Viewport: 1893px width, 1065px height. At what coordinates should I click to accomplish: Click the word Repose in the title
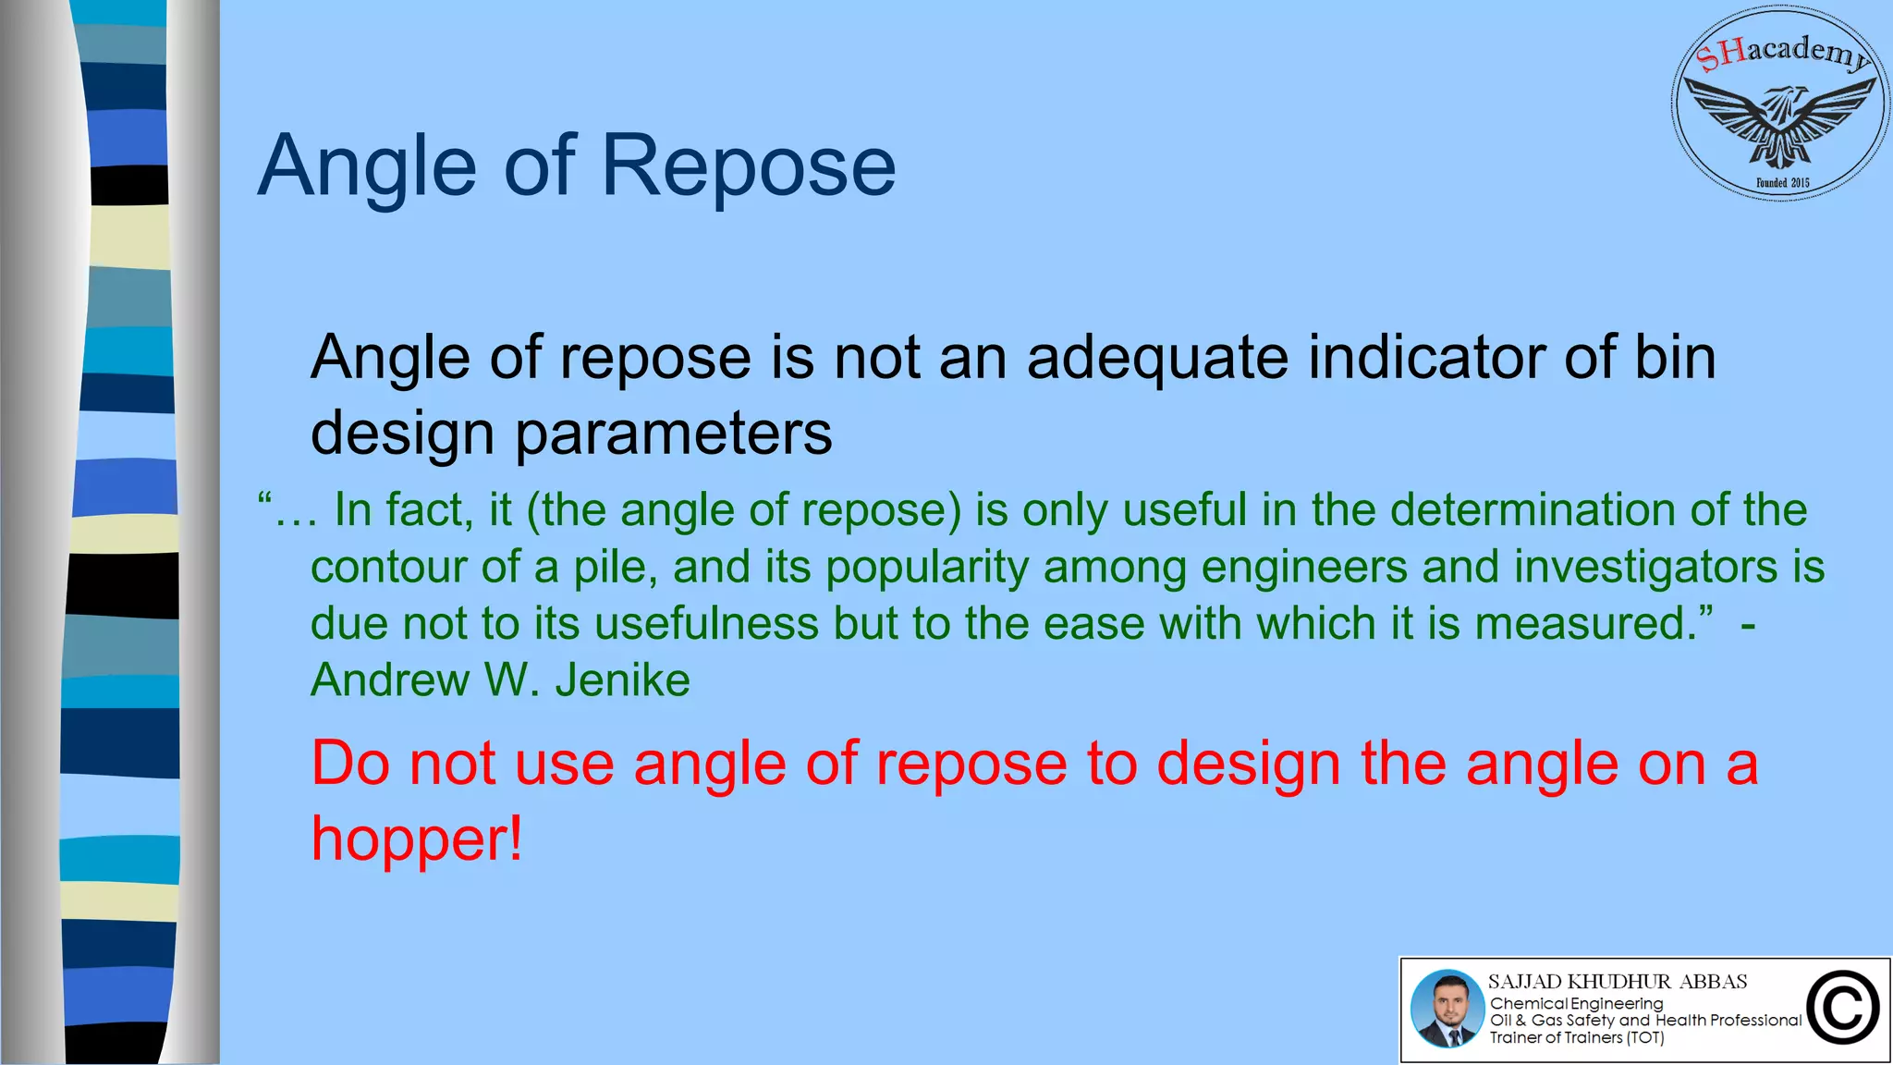tap(749, 166)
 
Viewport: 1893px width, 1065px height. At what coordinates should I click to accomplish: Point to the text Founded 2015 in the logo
tap(1782, 183)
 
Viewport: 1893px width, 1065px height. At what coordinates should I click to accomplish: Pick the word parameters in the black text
tap(673, 433)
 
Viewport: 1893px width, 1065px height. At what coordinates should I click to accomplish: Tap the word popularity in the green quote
tap(927, 567)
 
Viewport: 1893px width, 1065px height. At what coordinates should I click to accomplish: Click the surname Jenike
tap(622, 680)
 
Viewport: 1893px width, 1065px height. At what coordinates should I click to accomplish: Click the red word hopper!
tap(417, 839)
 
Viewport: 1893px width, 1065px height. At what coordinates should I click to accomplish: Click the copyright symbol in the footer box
tap(1843, 1008)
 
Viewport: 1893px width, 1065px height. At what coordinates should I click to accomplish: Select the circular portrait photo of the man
tap(1447, 1009)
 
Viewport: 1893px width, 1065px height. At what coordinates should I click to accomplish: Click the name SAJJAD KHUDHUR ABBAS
tap(1618, 982)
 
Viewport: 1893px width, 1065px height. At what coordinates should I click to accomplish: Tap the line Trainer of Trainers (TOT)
tap(1576, 1038)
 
